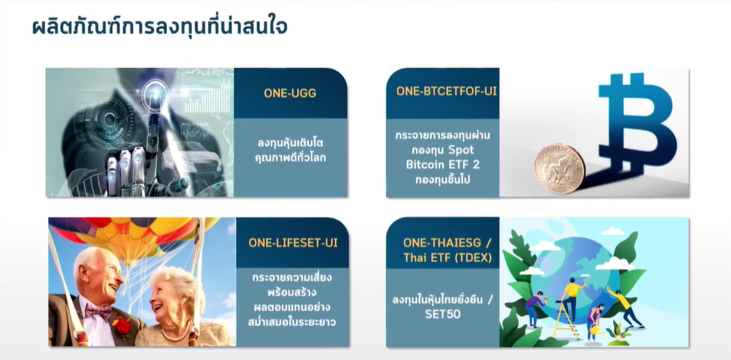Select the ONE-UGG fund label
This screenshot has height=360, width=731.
(290, 93)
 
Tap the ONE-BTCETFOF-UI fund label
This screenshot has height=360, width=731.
(447, 91)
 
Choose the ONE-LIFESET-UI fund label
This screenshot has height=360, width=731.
(293, 243)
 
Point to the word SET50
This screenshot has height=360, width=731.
(442, 314)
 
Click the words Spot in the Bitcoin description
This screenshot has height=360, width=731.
(462, 150)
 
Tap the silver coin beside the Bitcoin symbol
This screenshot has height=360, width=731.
(559, 169)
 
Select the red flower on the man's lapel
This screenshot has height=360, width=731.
(122, 327)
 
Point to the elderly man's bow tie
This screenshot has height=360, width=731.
(98, 311)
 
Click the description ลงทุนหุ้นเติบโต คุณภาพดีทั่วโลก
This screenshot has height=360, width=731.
(291, 150)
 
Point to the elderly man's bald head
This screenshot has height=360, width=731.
(96, 261)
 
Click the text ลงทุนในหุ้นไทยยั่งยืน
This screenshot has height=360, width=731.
(438, 299)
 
